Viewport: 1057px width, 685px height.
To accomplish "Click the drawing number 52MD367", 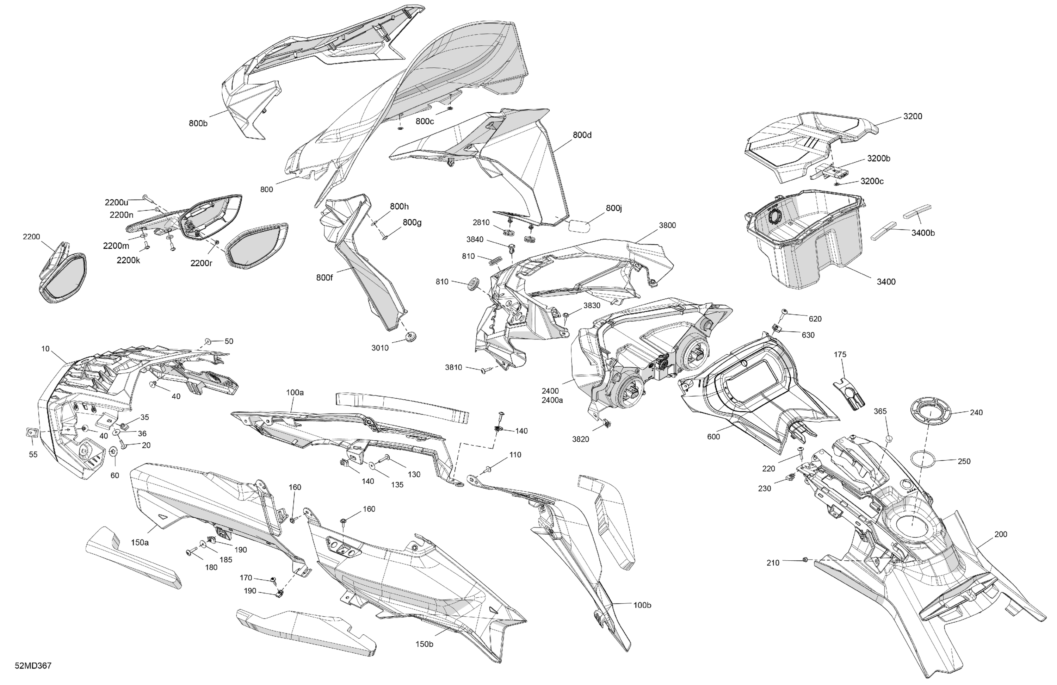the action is (x=33, y=666).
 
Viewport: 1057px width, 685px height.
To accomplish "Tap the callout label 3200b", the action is (x=878, y=158).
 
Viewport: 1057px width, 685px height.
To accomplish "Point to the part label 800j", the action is (x=614, y=208).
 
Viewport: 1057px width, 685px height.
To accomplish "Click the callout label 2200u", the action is (x=116, y=203).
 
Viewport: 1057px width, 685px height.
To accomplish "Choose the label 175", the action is (x=840, y=354).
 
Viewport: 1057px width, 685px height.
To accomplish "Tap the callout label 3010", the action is (x=380, y=348).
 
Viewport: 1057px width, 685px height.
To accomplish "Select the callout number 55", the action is (x=33, y=455).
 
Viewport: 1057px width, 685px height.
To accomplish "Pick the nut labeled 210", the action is (x=805, y=560).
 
